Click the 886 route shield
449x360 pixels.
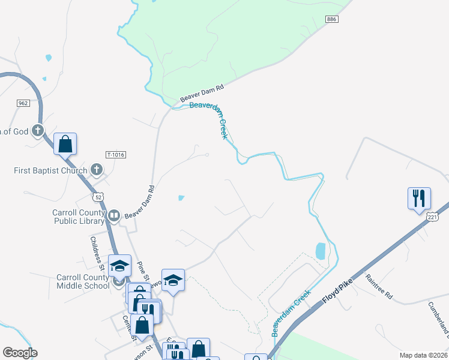coord(333,20)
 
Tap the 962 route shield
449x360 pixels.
coord(23,103)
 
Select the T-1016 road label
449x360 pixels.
coord(115,154)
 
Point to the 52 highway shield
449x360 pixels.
coord(98,197)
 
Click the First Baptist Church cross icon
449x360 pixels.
coord(96,170)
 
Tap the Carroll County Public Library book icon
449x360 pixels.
coord(113,215)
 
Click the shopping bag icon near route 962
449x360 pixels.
coord(65,144)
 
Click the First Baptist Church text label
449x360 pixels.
coord(50,170)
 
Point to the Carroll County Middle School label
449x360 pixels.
coord(83,281)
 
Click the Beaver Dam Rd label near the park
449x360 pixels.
coord(202,94)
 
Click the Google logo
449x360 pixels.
coord(20,353)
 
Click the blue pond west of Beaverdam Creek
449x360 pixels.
coord(321,251)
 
